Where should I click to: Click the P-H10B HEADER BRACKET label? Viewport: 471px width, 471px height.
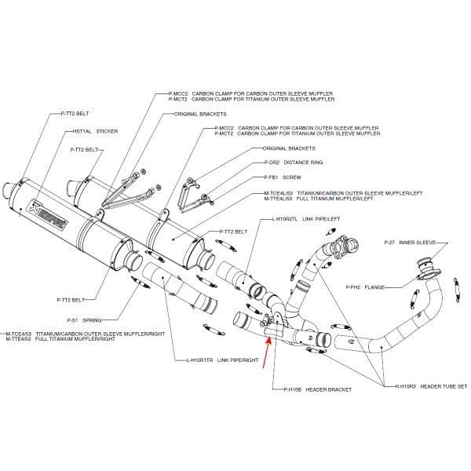312,389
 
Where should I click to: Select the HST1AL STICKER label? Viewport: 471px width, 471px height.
94,132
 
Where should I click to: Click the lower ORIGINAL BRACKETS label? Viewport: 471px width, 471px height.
290,148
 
